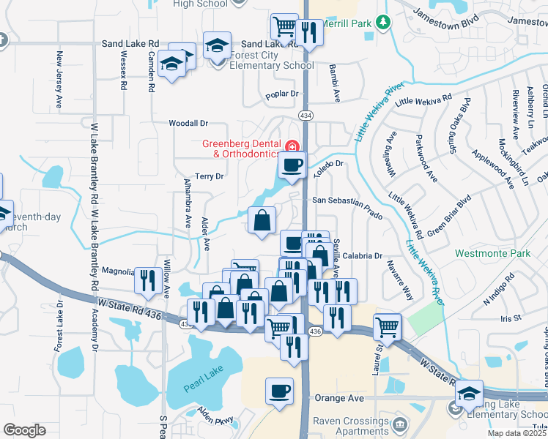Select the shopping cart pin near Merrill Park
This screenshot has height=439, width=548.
coord(284,28)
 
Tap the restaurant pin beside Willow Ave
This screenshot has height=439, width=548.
coord(149,279)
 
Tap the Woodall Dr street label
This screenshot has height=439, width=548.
coord(188,124)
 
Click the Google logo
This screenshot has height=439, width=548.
coord(24,430)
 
